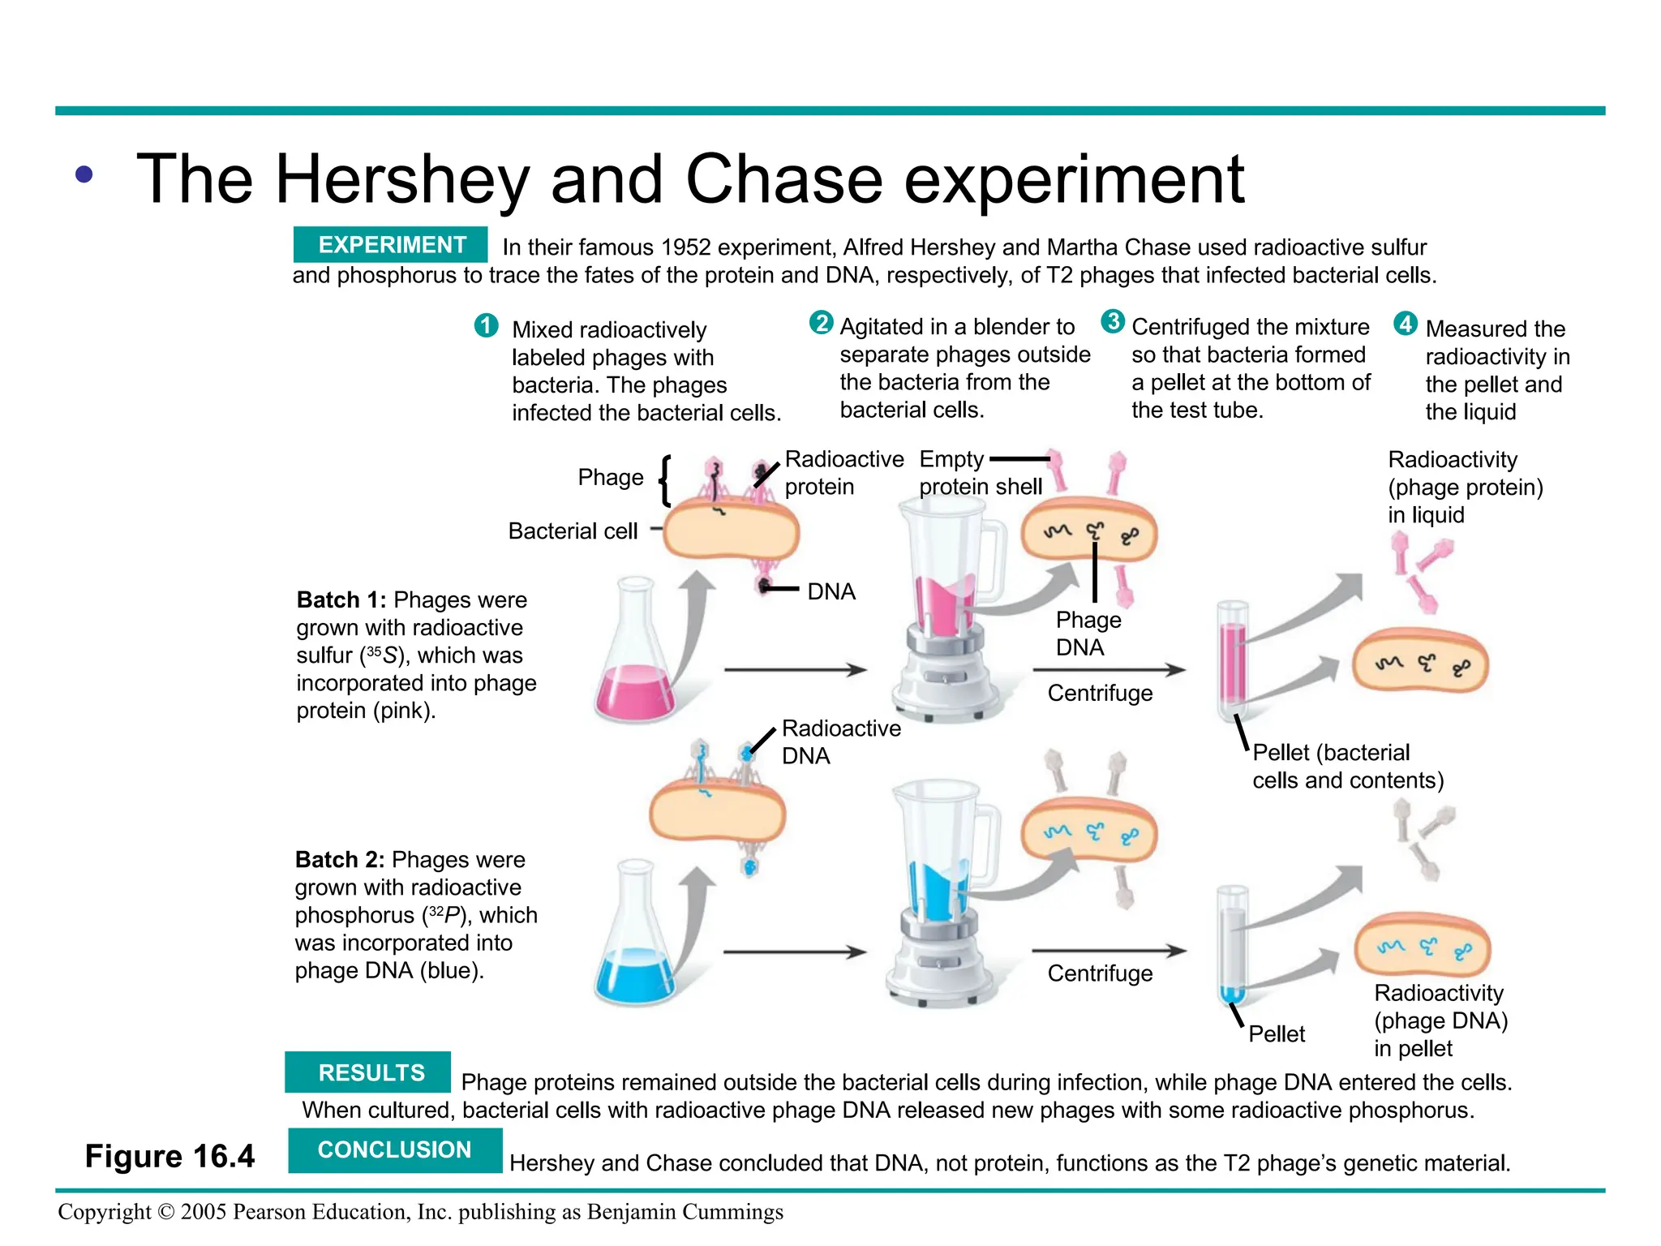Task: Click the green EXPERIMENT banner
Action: tap(390, 244)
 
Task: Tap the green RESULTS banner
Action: tap(368, 1072)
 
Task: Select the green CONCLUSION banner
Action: tap(394, 1149)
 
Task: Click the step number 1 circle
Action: tap(486, 326)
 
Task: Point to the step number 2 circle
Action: tap(821, 323)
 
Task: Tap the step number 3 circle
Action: tap(1113, 321)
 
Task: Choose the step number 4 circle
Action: tap(1405, 324)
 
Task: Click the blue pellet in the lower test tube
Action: tap(1232, 994)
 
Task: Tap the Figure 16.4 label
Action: tap(170, 1156)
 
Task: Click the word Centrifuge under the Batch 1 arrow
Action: tap(1100, 693)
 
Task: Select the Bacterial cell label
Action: tap(573, 531)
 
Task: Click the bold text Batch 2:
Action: tap(340, 859)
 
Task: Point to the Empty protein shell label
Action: tap(980, 473)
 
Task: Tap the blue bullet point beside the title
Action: tap(84, 174)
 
